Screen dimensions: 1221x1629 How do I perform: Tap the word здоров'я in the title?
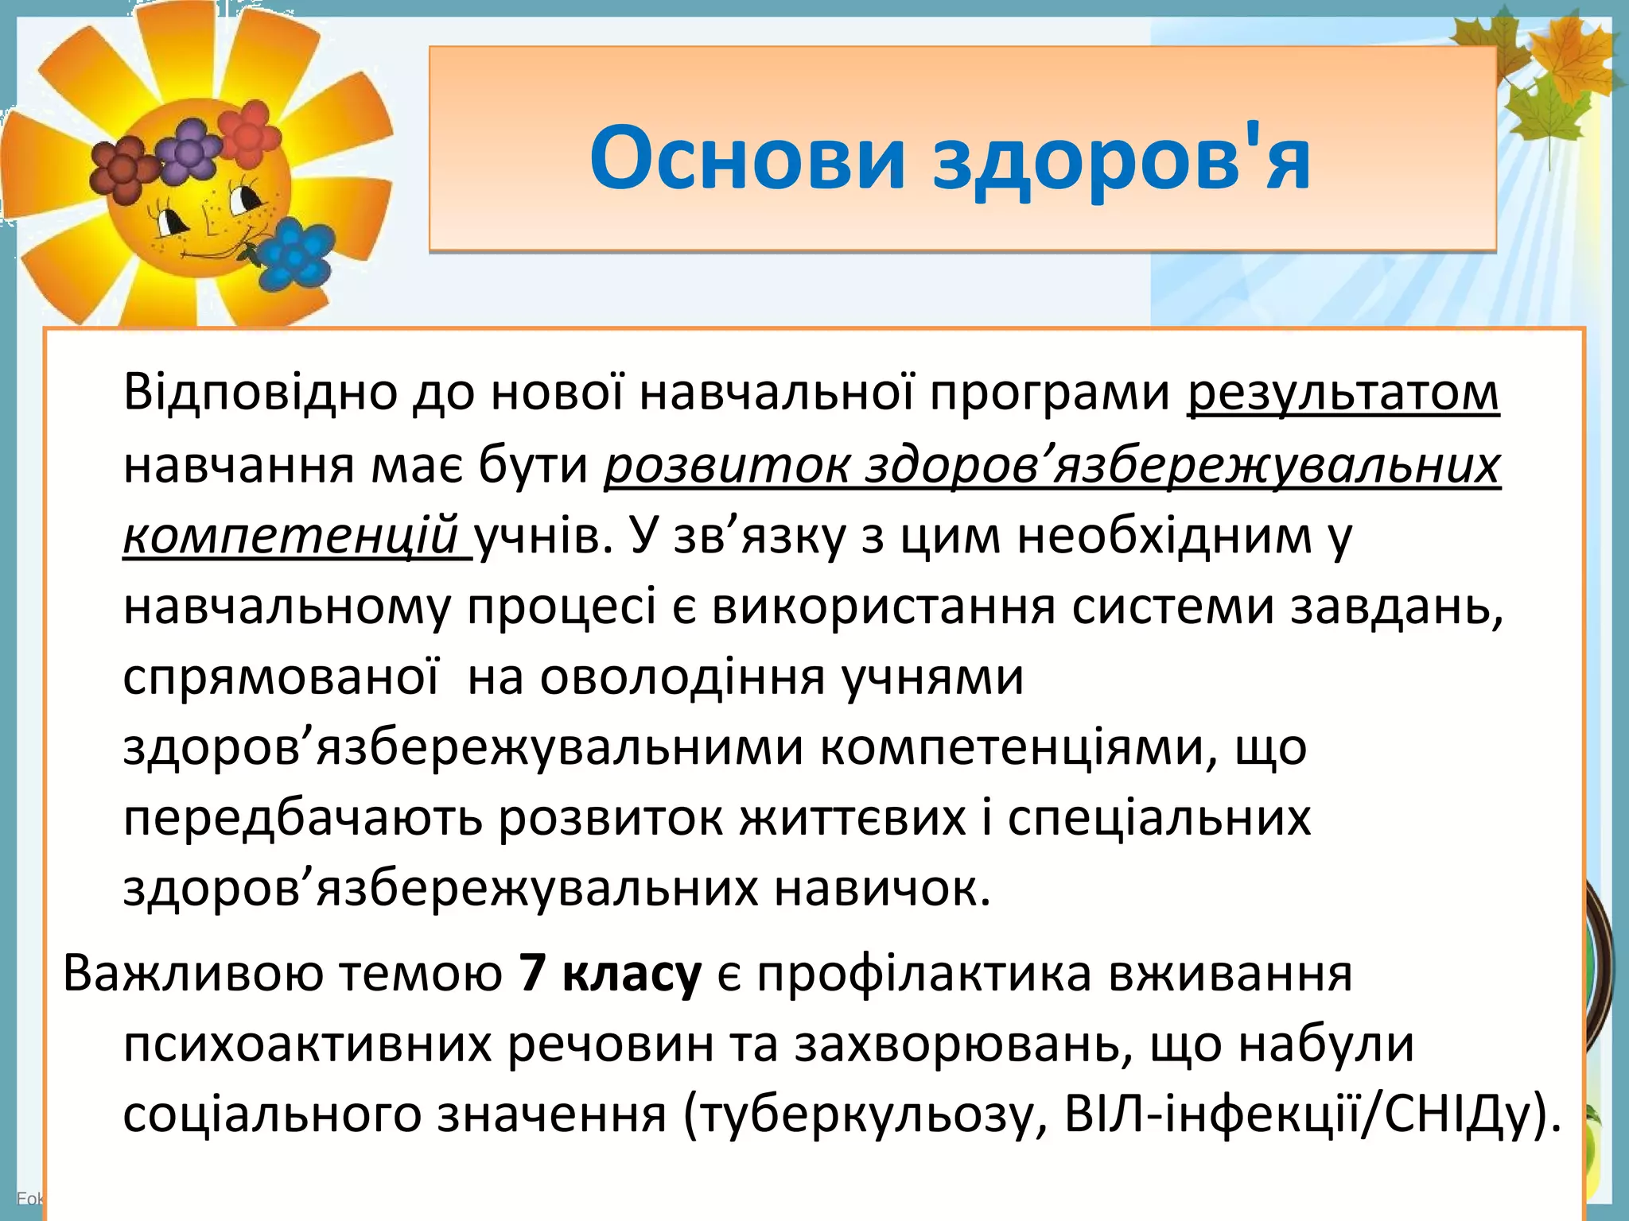[1122, 159]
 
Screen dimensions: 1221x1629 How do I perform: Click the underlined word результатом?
[1343, 393]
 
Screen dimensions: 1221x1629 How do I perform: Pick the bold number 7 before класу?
[531, 973]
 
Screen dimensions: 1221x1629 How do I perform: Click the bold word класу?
[632, 975]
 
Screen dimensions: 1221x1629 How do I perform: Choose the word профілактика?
[923, 974]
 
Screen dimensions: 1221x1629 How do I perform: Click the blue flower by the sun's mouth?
[296, 254]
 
